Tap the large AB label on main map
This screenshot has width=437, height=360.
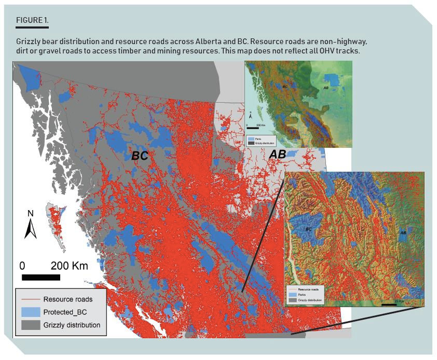(278, 154)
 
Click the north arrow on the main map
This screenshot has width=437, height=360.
(31, 228)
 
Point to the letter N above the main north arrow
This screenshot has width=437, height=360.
(30, 213)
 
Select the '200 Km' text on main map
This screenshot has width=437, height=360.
(69, 266)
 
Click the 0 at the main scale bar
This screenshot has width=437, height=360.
(22, 266)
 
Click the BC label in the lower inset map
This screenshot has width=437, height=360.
(308, 228)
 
